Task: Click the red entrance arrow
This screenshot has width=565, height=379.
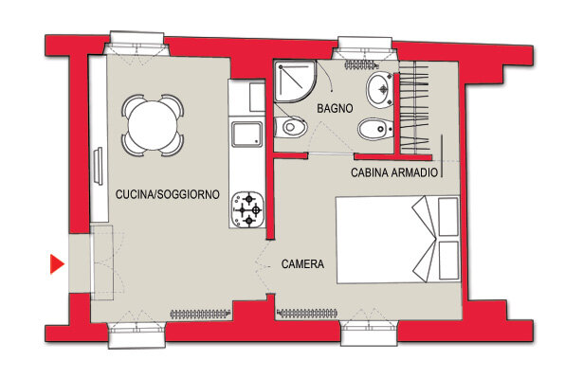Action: click(56, 264)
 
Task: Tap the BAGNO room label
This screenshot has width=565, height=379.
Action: click(335, 108)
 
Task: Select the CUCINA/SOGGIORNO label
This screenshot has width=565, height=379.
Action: click(168, 194)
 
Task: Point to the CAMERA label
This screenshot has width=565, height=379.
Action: click(302, 264)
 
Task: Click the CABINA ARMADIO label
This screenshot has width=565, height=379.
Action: click(394, 172)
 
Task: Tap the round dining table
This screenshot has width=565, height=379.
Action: click(153, 125)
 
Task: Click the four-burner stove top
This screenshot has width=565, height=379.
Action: click(247, 209)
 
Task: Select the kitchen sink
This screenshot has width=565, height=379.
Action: click(247, 134)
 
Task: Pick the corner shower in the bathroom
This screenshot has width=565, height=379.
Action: click(295, 81)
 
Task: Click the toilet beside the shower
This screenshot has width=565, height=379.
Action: click(290, 127)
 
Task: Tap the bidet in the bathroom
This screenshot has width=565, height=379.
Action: click(375, 129)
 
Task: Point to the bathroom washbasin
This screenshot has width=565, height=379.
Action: click(379, 89)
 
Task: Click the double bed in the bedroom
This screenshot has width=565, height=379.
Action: click(398, 239)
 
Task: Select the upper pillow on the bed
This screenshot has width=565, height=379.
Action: click(448, 217)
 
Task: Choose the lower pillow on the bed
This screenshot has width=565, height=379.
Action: click(449, 261)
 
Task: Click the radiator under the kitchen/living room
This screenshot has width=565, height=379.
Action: click(200, 315)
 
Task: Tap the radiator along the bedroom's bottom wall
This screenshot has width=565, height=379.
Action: click(308, 314)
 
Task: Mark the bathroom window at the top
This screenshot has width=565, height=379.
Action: click(365, 48)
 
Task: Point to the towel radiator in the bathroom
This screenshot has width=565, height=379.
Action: click(362, 65)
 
